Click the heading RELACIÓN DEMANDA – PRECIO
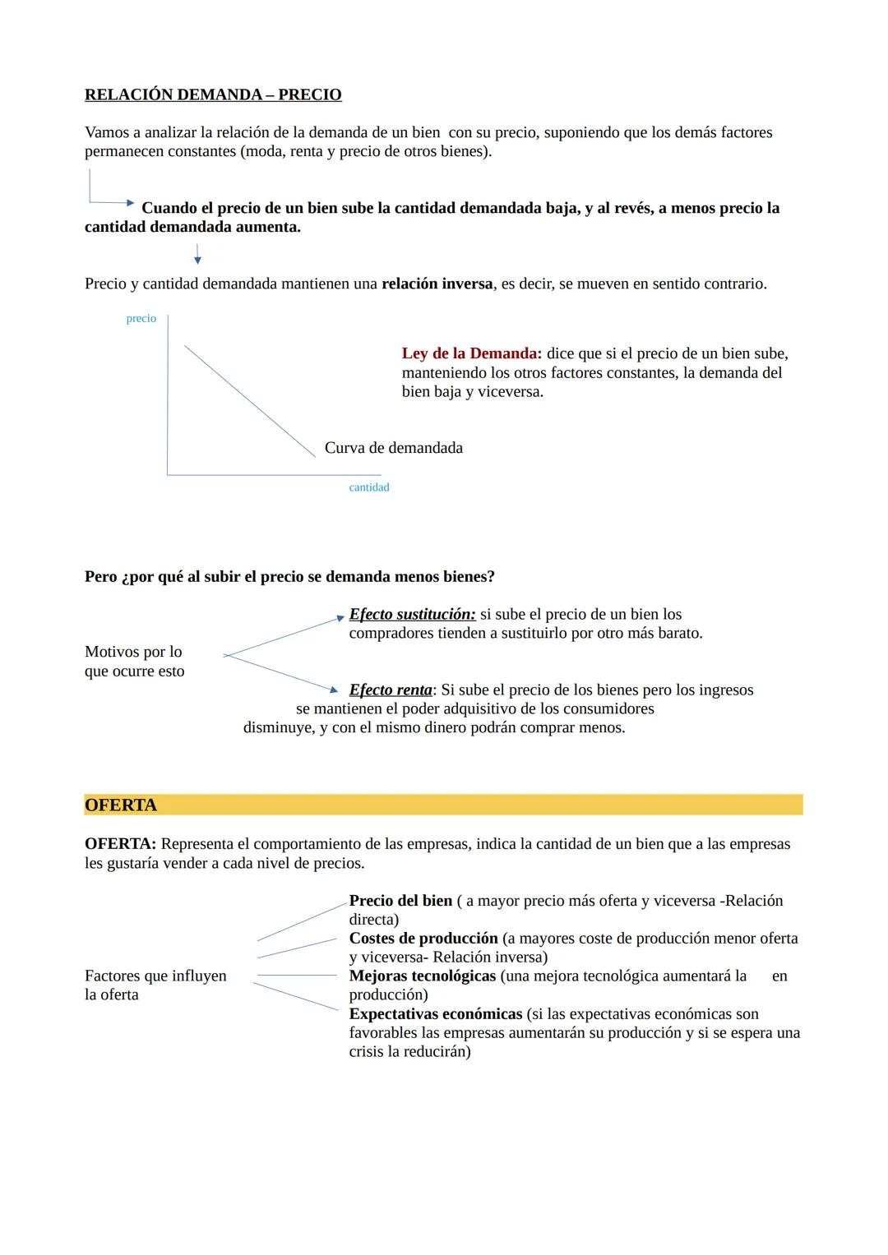point(213,95)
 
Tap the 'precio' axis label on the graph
point(141,319)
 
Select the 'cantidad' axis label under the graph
point(368,487)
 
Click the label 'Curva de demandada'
point(393,448)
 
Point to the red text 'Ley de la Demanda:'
point(471,353)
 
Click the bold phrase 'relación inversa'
point(437,284)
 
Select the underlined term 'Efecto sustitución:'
point(412,614)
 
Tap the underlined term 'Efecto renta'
point(391,690)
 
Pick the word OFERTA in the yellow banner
point(121,805)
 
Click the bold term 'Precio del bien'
point(400,901)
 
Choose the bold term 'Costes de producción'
point(423,938)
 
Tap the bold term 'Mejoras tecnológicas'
point(422,976)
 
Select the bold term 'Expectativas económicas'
point(436,1013)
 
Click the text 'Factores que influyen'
point(155,976)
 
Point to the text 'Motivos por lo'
point(133,652)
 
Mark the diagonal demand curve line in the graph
point(249,400)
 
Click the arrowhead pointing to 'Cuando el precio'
point(129,202)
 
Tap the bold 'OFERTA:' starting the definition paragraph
point(120,844)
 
